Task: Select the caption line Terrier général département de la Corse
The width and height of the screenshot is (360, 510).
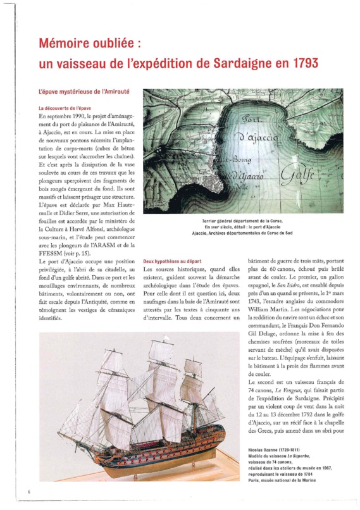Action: point(242,220)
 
